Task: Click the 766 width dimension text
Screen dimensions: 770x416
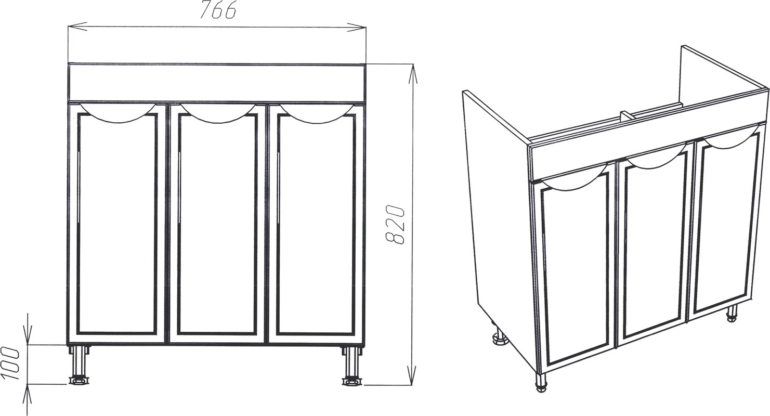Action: [217, 10]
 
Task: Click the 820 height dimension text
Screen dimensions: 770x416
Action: [395, 225]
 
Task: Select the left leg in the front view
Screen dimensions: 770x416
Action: [79, 365]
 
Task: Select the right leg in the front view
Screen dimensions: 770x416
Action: [352, 366]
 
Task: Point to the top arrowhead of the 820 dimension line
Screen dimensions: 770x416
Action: [413, 73]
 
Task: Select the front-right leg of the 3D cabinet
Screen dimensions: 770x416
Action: [732, 313]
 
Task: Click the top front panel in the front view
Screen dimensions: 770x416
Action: [217, 83]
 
